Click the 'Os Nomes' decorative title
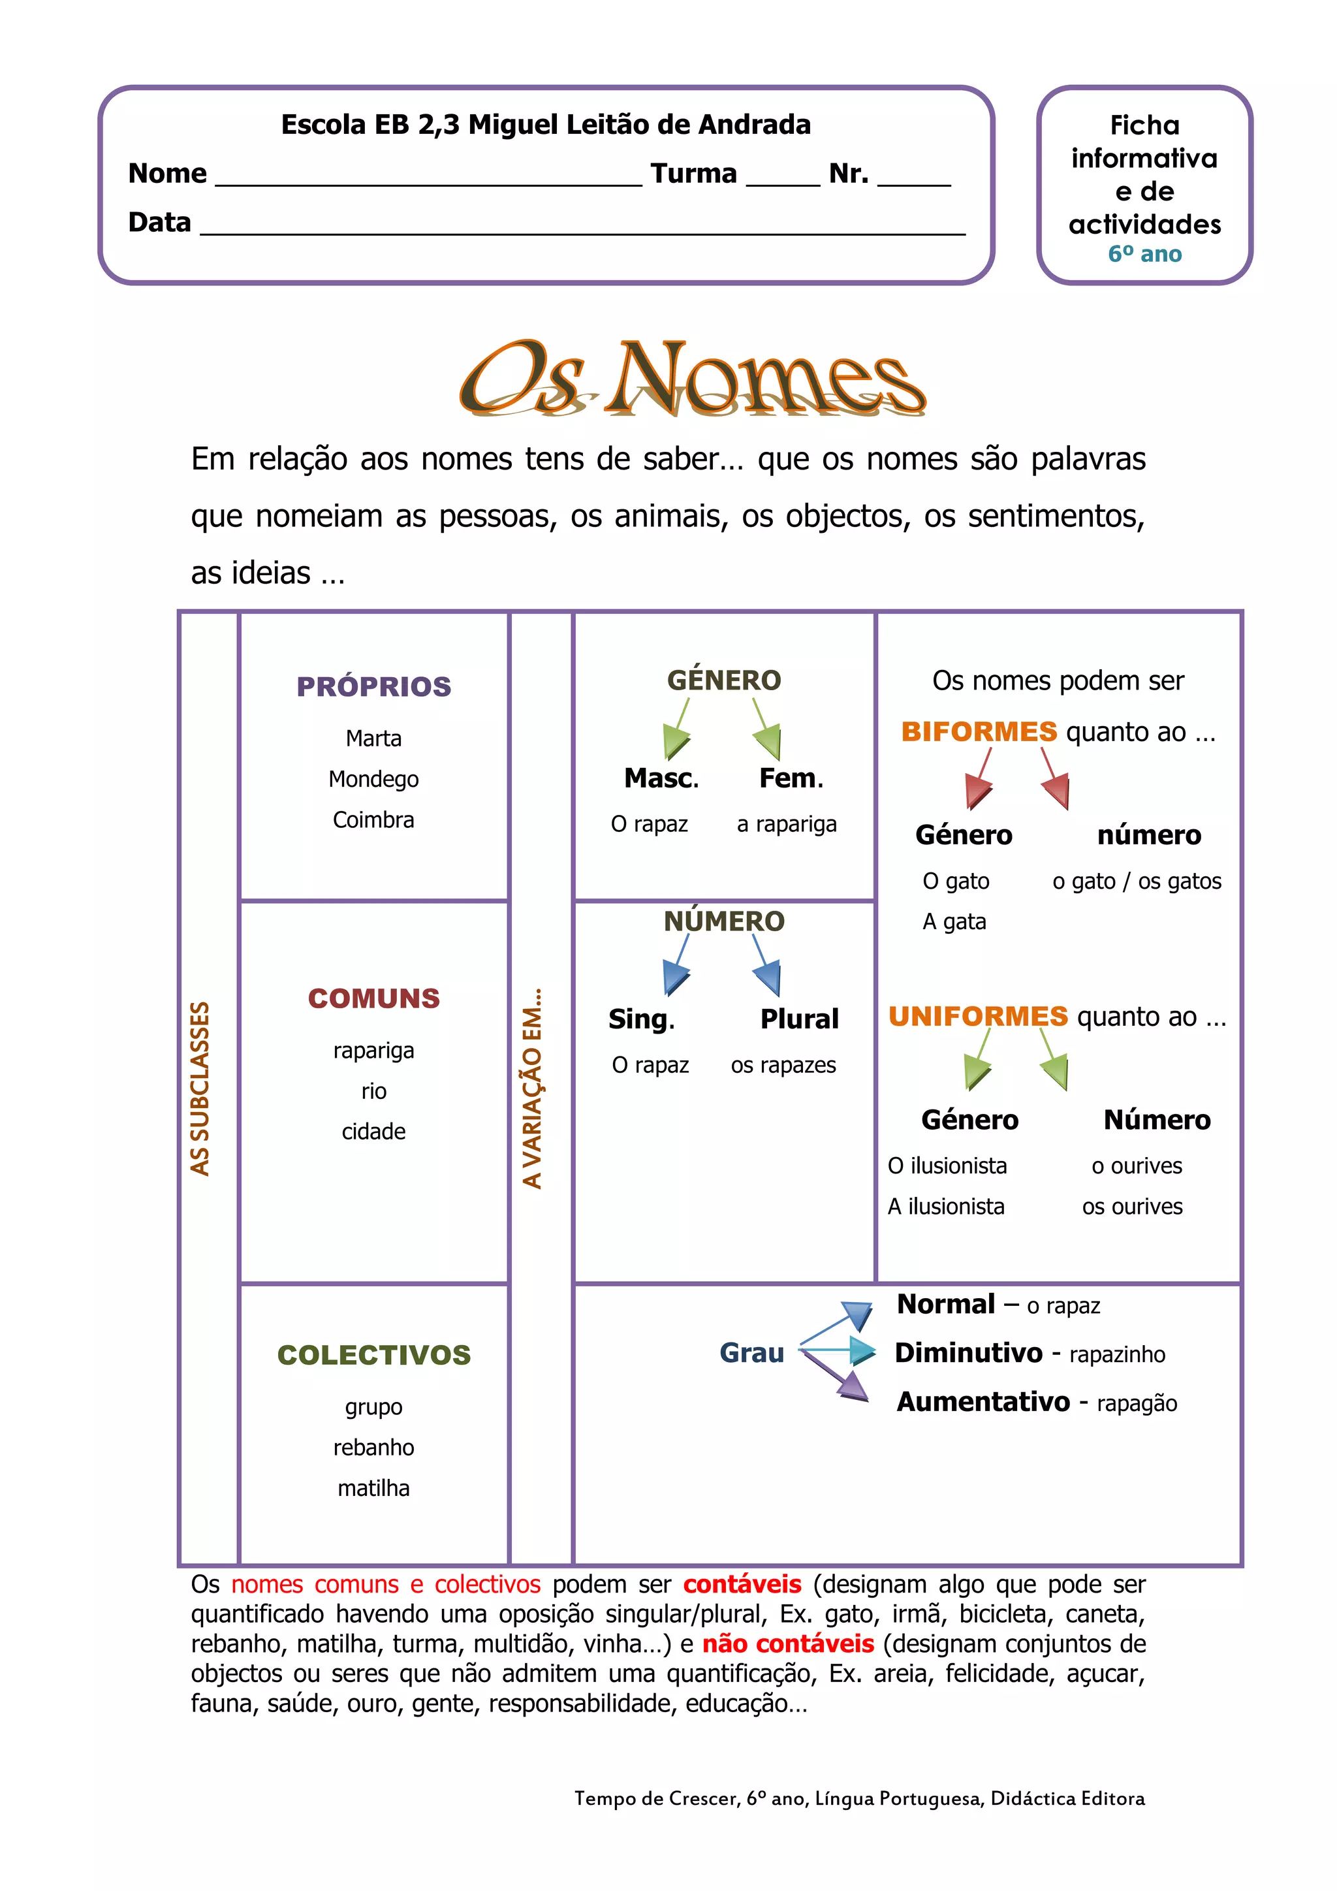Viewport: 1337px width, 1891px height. [x=691, y=379]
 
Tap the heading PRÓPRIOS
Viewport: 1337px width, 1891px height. [x=374, y=686]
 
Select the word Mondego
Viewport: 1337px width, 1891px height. [x=374, y=778]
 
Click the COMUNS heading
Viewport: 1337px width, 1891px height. [x=374, y=998]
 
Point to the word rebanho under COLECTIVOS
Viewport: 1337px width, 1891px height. [x=374, y=1447]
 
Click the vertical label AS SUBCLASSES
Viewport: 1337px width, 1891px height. [x=200, y=1088]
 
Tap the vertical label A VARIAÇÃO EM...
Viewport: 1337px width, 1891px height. [x=533, y=1088]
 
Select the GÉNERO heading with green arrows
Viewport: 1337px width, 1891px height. [x=723, y=680]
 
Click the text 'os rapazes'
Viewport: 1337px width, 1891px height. [x=783, y=1065]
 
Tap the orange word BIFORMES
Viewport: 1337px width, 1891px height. [x=979, y=731]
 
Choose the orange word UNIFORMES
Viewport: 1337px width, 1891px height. [x=978, y=1016]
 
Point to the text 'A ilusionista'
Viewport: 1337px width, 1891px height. [x=946, y=1207]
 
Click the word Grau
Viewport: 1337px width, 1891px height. [x=751, y=1352]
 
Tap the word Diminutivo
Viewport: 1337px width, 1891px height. [x=968, y=1352]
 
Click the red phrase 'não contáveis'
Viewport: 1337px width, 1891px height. [x=788, y=1644]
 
